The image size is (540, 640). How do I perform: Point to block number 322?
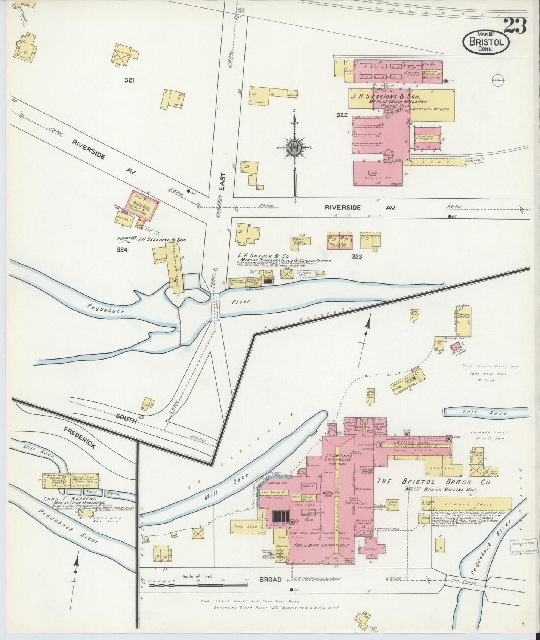tap(342, 115)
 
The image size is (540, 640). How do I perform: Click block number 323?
tap(357, 257)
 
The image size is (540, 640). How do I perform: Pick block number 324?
tap(122, 250)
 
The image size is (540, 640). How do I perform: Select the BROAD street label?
tap(271, 580)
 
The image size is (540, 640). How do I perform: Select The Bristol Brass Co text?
tap(428, 482)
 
